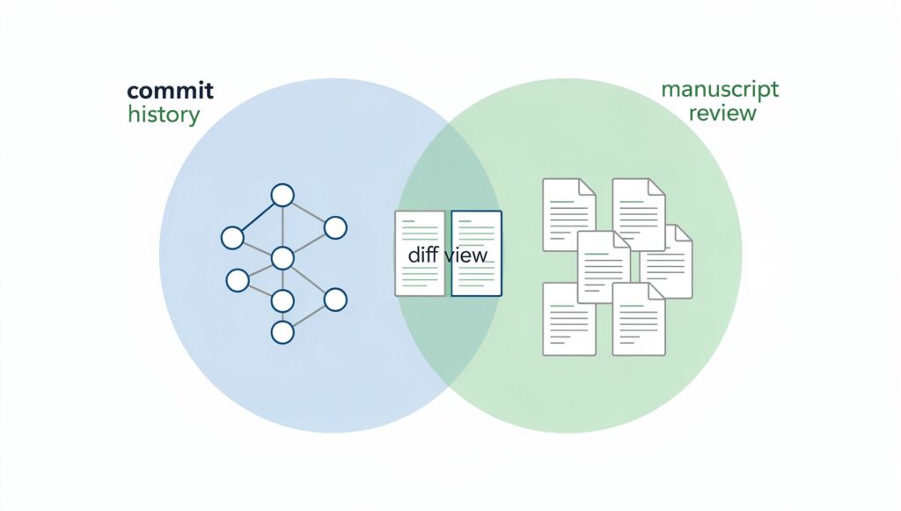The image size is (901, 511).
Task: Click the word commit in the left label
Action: (170, 91)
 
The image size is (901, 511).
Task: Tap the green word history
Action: (164, 114)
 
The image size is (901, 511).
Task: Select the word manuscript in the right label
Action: (720, 90)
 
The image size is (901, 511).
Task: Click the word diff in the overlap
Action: (423, 255)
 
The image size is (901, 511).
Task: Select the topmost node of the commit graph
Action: (282, 195)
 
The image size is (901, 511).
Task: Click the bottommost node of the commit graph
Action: (282, 332)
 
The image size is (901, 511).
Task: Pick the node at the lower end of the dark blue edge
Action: (232, 237)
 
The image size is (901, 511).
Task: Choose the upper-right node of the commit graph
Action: (335, 228)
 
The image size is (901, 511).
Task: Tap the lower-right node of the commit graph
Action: (335, 300)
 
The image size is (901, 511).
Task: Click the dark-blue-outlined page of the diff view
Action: (476, 253)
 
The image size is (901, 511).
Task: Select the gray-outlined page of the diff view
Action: (420, 253)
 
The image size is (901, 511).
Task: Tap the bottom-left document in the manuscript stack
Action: (567, 319)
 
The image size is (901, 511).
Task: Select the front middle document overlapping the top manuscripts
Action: (604, 267)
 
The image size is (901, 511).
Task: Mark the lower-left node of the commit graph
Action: (238, 280)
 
